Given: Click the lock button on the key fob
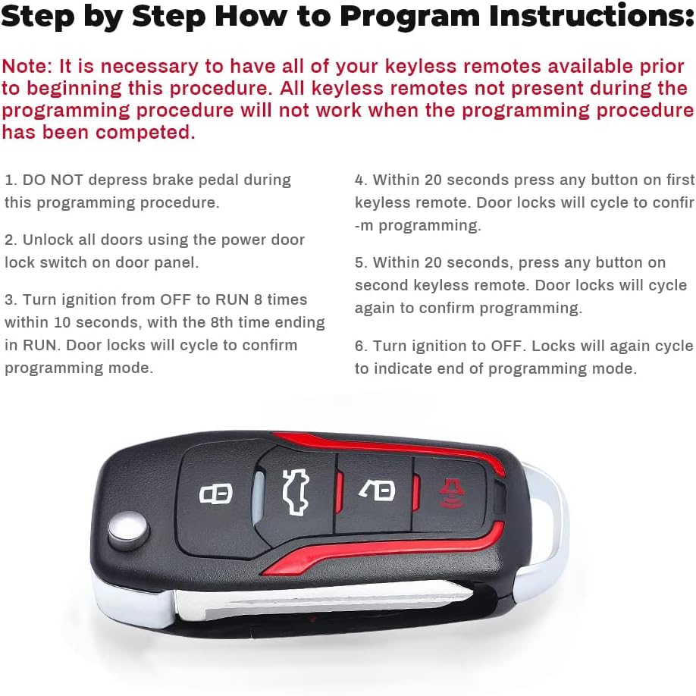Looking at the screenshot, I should [215, 494].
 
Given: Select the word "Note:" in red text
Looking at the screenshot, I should [25, 66].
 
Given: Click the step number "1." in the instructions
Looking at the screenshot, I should [11, 180].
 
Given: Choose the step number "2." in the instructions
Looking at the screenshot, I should [11, 240].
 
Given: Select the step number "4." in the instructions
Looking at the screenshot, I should [362, 180].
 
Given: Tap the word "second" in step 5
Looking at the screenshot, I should [381, 286].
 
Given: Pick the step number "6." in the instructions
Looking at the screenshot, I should [362, 346].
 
